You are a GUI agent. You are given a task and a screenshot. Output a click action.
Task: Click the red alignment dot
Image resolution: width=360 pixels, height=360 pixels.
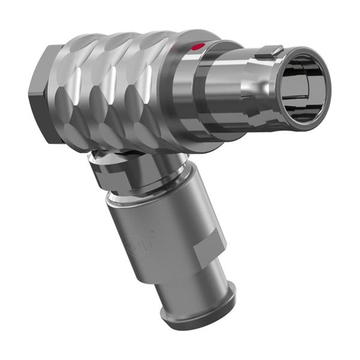tap(197, 46)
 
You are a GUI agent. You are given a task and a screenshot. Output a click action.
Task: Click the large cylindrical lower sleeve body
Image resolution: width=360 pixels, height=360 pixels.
tap(162, 234)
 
